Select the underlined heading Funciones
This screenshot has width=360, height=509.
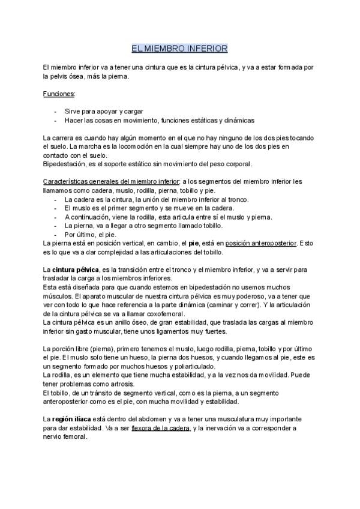tap(58, 94)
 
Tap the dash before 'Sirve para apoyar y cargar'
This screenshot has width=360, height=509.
tap(56, 112)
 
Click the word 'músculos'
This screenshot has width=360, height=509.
tap(58, 296)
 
